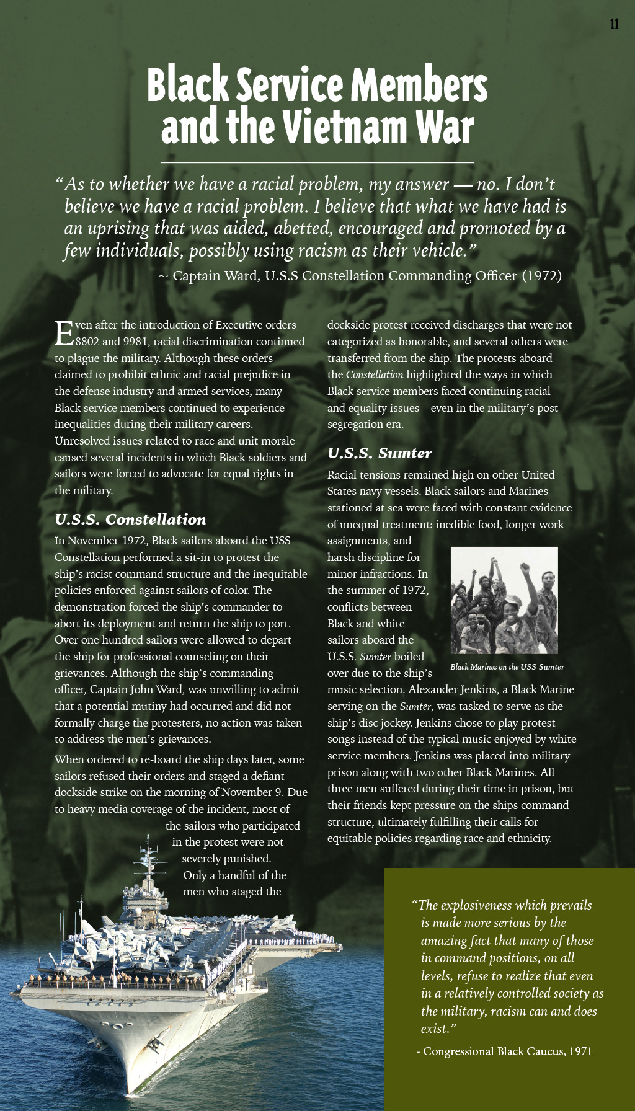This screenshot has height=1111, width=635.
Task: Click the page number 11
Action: [614, 24]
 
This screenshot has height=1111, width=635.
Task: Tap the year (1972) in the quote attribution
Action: [541, 276]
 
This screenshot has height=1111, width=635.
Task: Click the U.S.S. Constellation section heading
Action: [130, 520]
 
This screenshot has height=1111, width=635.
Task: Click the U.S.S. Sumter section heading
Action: [380, 453]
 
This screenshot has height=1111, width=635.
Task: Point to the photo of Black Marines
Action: [504, 600]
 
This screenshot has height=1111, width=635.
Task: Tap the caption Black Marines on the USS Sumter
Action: [507, 667]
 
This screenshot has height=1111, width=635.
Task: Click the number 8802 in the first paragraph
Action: [87, 342]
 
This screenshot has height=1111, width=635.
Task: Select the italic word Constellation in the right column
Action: [375, 374]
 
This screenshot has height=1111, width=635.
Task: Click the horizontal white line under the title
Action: [317, 162]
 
